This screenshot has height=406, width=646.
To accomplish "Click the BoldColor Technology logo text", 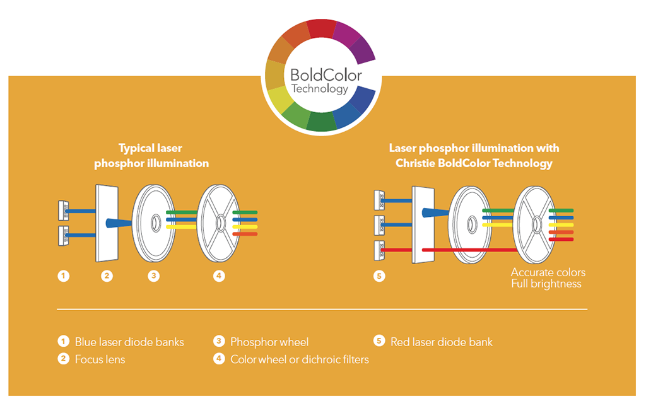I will [x=326, y=81].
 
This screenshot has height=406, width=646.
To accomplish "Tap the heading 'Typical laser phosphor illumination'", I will [x=151, y=156].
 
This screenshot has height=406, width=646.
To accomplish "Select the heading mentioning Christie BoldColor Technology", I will [x=474, y=156].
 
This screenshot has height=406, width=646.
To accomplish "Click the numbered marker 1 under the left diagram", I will [x=63, y=275].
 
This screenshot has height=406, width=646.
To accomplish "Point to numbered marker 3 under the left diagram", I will [x=153, y=275].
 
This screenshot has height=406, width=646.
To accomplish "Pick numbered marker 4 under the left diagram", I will [x=219, y=275].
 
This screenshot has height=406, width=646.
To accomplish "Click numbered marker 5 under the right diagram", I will [x=379, y=275].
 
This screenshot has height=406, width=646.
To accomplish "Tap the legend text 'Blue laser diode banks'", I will [x=129, y=342].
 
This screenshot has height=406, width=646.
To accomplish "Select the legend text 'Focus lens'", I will [x=100, y=359].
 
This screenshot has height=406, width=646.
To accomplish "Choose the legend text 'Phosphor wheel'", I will [x=269, y=342].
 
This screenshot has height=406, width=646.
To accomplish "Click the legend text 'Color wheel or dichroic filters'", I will [x=300, y=359].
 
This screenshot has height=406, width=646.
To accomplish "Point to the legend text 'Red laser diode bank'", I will [x=442, y=342].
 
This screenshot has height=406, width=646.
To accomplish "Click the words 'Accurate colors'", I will [x=548, y=272].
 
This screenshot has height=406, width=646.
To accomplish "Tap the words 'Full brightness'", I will [x=546, y=284].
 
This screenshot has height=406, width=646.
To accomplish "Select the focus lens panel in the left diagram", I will [x=107, y=223].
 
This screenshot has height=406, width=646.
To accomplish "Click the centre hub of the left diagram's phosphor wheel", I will [x=155, y=222].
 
